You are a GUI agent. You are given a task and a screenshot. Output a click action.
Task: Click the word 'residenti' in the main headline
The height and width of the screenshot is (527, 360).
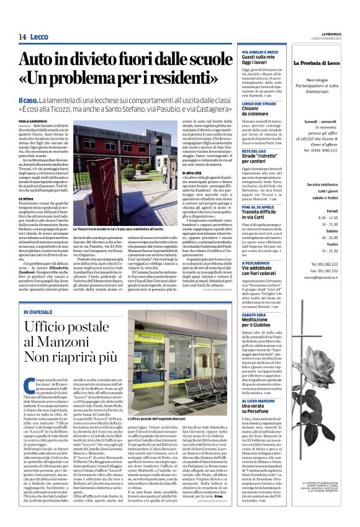(x=178, y=81)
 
